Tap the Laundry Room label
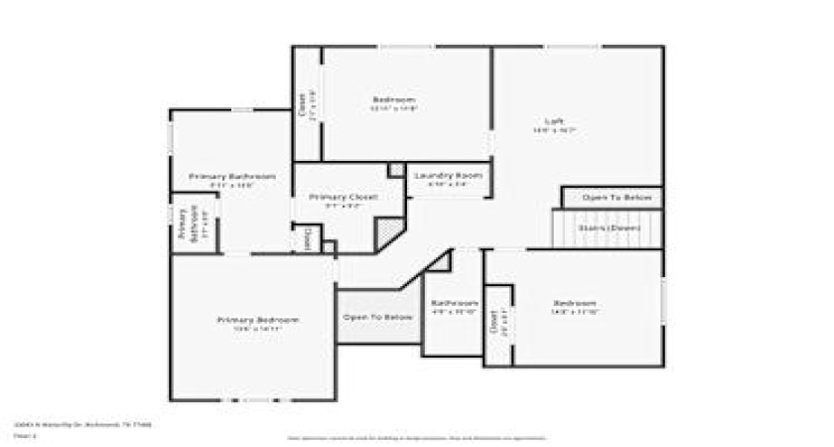pyautogui.click(x=447, y=175)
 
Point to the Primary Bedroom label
pyautogui.click(x=257, y=320)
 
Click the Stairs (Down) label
pyautogui.click(x=609, y=227)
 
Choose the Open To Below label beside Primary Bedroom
pyautogui.click(x=377, y=317)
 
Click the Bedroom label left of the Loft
pyautogui.click(x=394, y=99)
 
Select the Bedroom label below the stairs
pyautogui.click(x=575, y=303)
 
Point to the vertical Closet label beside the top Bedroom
pyautogui.click(x=302, y=105)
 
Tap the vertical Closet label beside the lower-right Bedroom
pyautogui.click(x=493, y=323)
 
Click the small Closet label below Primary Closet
pyautogui.click(x=307, y=238)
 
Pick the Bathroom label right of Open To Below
pyautogui.click(x=454, y=302)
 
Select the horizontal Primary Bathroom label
pyautogui.click(x=231, y=176)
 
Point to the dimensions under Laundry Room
pyautogui.click(x=447, y=184)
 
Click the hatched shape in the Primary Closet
pyautogui.click(x=388, y=234)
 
